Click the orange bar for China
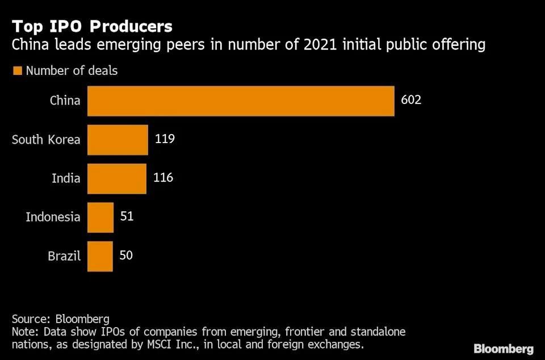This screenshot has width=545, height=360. click(x=241, y=101)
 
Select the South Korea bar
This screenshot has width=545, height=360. click(x=118, y=140)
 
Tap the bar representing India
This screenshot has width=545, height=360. click(x=117, y=178)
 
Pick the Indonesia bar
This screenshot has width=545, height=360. click(x=100, y=217)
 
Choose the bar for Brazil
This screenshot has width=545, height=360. click(x=100, y=256)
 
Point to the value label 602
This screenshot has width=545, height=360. click(x=411, y=101)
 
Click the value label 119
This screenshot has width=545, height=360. click(x=164, y=139)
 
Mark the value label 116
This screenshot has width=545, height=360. click(x=163, y=178)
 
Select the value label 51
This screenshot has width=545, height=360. click(x=127, y=216)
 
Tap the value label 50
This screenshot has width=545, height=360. click(x=126, y=255)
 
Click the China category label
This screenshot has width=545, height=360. click(x=65, y=101)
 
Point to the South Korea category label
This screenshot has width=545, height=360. click(x=46, y=140)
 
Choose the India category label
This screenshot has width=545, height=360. click(x=66, y=178)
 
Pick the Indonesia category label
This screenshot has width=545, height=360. click(x=53, y=217)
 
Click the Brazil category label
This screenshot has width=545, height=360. click(x=64, y=256)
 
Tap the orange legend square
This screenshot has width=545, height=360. click(x=16, y=71)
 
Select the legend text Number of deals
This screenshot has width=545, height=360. click(x=72, y=71)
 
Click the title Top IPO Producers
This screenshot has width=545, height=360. click(x=92, y=26)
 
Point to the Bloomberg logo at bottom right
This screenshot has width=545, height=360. click(x=504, y=349)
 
